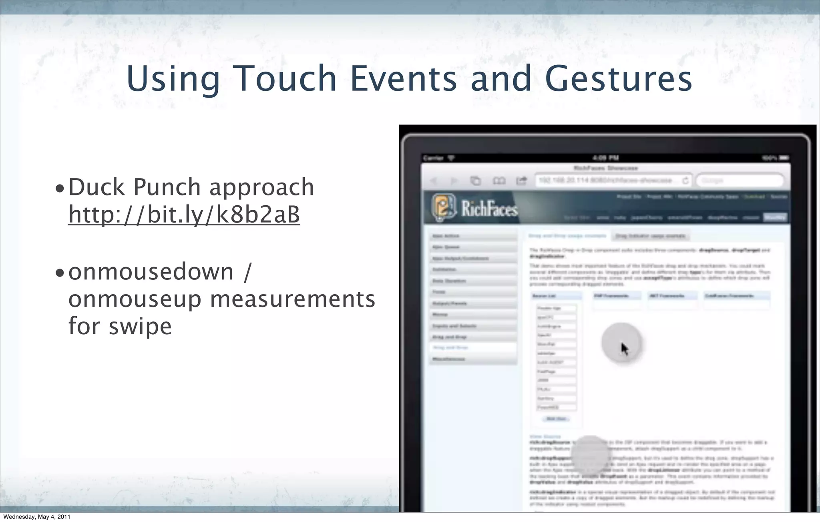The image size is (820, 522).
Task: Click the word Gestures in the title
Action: [618, 79]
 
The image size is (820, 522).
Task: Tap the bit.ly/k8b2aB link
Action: [184, 215]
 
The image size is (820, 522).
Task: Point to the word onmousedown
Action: [151, 272]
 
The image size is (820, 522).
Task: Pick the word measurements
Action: [292, 299]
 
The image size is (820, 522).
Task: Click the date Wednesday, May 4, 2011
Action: [37, 517]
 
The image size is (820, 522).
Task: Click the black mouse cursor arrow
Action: [624, 349]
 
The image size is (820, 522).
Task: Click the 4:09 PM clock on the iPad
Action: [605, 158]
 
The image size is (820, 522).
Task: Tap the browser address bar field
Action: [609, 181]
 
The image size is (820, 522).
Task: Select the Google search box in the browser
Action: [740, 181]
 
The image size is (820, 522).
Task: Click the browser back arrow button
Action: [433, 181]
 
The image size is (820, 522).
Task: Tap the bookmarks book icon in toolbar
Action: [498, 181]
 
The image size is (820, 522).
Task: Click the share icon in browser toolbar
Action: [521, 181]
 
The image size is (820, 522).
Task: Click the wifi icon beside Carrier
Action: [451, 158]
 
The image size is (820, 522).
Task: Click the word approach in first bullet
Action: [261, 188]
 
